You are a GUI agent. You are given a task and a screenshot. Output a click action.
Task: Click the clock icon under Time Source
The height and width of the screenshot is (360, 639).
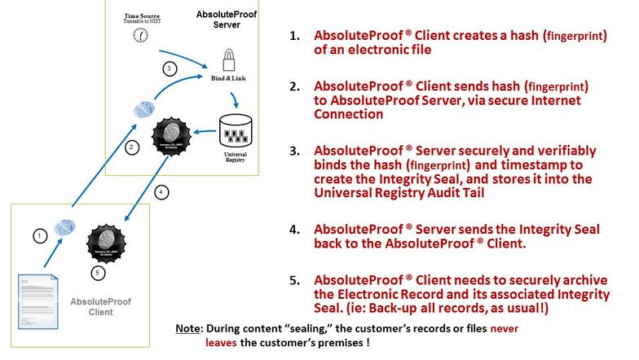[142, 36]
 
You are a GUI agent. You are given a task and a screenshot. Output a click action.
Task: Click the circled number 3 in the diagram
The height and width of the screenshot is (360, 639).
[169, 69]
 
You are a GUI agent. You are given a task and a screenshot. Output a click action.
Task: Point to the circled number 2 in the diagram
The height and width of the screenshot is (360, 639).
[130, 147]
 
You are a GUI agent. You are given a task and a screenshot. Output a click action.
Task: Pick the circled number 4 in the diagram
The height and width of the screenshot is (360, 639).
[162, 192]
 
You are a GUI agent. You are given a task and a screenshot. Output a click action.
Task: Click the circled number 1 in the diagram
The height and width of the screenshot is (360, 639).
[38, 235]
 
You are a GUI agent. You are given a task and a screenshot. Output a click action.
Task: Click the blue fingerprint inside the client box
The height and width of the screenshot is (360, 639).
[65, 227]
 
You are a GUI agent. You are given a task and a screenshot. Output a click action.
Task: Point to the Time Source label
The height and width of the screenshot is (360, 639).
[141, 15]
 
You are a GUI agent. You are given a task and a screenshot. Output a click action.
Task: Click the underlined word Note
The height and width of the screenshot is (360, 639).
[188, 329]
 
